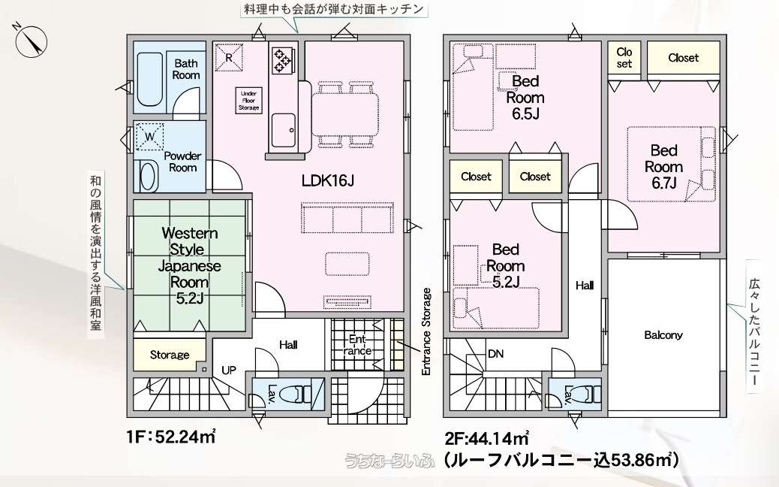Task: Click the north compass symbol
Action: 31,41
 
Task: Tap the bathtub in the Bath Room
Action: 149,80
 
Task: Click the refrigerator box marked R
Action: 229,57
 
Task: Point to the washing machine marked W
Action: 149,136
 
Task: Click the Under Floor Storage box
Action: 248,101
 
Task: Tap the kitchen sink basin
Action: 284,130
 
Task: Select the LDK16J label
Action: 328,180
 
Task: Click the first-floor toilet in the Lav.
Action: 295,394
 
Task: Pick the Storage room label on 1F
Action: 170,355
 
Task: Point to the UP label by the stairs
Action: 229,370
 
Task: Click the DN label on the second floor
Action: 495,354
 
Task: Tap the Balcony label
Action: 663,334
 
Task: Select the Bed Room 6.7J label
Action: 663,167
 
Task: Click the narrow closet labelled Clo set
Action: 624,58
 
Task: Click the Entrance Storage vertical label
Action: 426,331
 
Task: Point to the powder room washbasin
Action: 147,176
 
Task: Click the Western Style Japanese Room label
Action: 189,265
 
